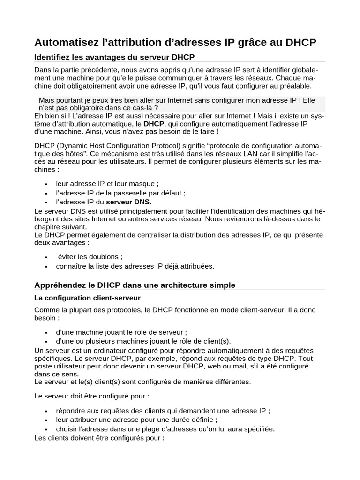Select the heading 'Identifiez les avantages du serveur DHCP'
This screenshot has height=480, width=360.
pyautogui.click(x=114, y=57)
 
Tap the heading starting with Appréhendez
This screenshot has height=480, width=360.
pyautogui.click(x=135, y=285)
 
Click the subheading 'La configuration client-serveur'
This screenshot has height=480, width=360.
pyautogui.click(x=88, y=298)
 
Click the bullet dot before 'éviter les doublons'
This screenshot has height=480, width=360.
pyautogui.click(x=46, y=257)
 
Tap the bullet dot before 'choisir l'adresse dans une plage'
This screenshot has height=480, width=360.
pyautogui.click(x=46, y=429)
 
